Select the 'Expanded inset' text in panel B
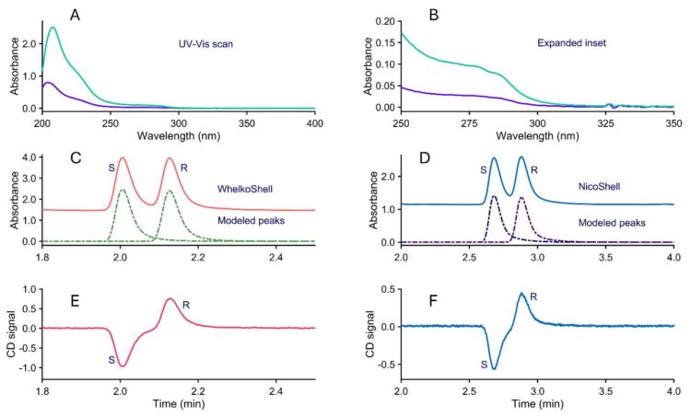566,43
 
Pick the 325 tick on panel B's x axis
605,122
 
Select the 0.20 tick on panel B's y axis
381,20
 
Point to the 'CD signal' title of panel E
12,328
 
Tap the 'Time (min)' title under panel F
537,403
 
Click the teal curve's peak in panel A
53,28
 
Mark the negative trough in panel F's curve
494,369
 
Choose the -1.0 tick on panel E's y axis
27,367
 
